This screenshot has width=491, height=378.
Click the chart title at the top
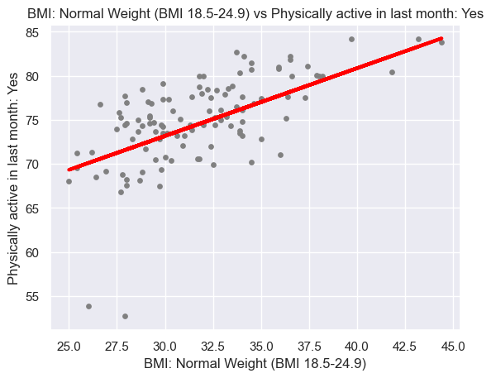[x=255, y=14]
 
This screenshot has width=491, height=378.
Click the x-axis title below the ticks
[x=255, y=364]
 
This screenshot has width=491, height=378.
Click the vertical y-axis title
[x=13, y=179]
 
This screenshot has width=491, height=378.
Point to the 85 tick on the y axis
[x=32, y=32]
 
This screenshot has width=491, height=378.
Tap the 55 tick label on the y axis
[x=32, y=297]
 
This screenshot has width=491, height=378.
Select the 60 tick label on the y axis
[x=32, y=252]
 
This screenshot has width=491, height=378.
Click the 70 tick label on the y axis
[x=32, y=165]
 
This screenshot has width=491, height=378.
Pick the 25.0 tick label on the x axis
[x=69, y=347]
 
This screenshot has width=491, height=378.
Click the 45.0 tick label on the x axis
[x=453, y=347]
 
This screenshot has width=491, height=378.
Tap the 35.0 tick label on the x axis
[x=261, y=347]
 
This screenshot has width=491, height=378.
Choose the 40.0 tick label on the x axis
[x=357, y=347]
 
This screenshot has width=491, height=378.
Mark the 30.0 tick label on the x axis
[x=165, y=347]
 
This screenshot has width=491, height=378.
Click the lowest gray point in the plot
[x=126, y=316]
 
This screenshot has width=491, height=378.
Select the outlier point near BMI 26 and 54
[x=89, y=306]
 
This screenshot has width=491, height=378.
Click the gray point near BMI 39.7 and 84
[x=351, y=39]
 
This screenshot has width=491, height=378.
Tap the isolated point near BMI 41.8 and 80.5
[x=392, y=73]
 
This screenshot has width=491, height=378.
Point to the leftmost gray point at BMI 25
[x=69, y=181]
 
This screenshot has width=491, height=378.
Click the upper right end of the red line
[x=441, y=38]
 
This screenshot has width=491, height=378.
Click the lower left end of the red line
[x=69, y=170]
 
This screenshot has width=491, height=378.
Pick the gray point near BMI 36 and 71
[x=280, y=156]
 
